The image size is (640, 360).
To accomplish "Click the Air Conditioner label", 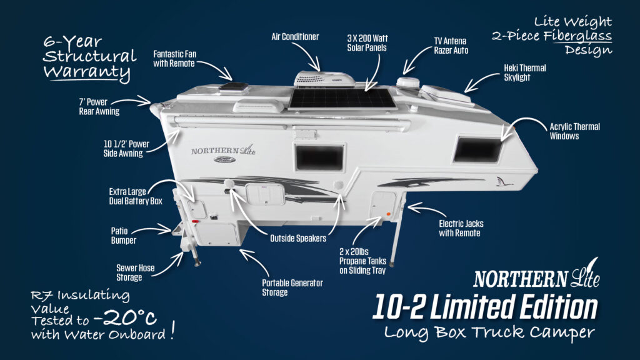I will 294,37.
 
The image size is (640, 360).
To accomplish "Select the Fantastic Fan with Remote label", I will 174,59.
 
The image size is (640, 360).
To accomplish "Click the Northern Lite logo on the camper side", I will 223,151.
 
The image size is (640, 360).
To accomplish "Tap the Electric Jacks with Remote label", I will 461,228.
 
